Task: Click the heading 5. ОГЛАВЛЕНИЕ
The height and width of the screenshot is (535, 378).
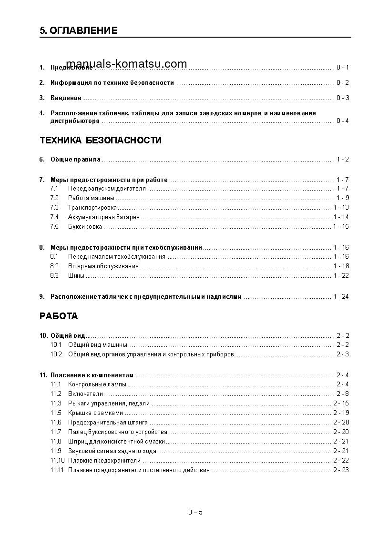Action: pyautogui.click(x=79, y=31)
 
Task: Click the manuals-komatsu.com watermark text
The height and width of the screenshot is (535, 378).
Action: pyautogui.click(x=126, y=64)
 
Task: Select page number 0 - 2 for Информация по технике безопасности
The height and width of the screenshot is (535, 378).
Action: pyautogui.click(x=342, y=83)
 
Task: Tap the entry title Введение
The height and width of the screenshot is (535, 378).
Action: pyautogui.click(x=66, y=98)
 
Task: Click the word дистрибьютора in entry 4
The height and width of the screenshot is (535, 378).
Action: pyautogui.click(x=75, y=121)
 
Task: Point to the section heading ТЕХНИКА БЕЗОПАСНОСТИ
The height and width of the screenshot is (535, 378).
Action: pyautogui.click(x=101, y=141)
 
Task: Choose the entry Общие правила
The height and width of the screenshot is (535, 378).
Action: pyautogui.click(x=75, y=160)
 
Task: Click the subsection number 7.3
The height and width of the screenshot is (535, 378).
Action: pyautogui.click(x=54, y=208)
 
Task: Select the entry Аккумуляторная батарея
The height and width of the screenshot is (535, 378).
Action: pyautogui.click(x=104, y=217)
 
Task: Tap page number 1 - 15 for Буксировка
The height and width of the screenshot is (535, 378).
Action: pyautogui.click(x=341, y=227)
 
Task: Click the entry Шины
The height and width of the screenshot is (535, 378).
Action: pyautogui.click(x=76, y=276)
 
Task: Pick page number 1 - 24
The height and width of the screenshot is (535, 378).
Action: pyautogui.click(x=341, y=297)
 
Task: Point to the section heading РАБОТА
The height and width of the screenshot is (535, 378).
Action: pyautogui.click(x=59, y=316)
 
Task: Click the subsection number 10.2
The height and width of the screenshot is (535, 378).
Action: pyautogui.click(x=56, y=354)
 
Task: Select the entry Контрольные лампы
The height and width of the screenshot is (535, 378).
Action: pyautogui.click(x=97, y=384)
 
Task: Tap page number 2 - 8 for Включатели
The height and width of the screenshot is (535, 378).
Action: pyautogui.click(x=342, y=394)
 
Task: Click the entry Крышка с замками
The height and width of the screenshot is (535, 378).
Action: pyautogui.click(x=95, y=413)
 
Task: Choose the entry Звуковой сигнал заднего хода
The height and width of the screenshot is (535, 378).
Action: pyautogui.click(x=112, y=451)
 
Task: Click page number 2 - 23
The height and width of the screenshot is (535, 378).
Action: pyautogui.click(x=341, y=470)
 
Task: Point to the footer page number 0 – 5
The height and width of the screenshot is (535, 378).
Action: pyautogui.click(x=195, y=513)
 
